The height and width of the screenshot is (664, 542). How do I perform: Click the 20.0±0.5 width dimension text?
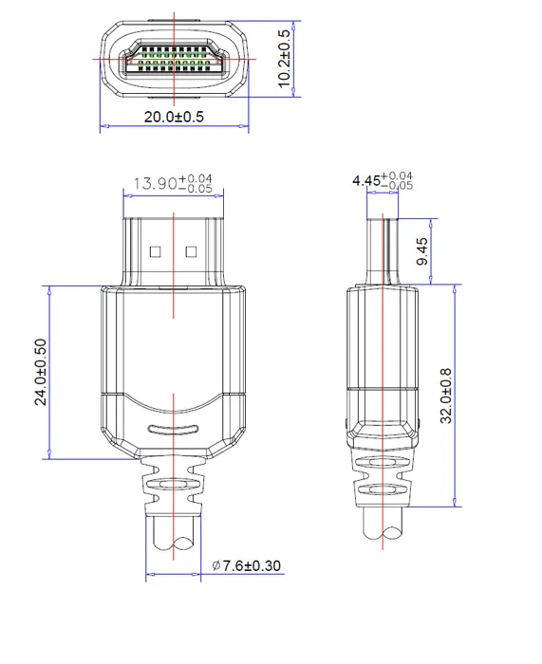pyautogui.click(x=174, y=117)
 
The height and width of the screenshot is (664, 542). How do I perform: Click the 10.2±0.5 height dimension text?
pyautogui.click(x=284, y=59)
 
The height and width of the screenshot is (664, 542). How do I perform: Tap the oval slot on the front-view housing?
pyautogui.click(x=173, y=428)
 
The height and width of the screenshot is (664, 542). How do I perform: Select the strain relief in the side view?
pyautogui.click(x=383, y=484)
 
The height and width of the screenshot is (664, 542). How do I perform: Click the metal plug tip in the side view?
pyautogui.click(x=383, y=249)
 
